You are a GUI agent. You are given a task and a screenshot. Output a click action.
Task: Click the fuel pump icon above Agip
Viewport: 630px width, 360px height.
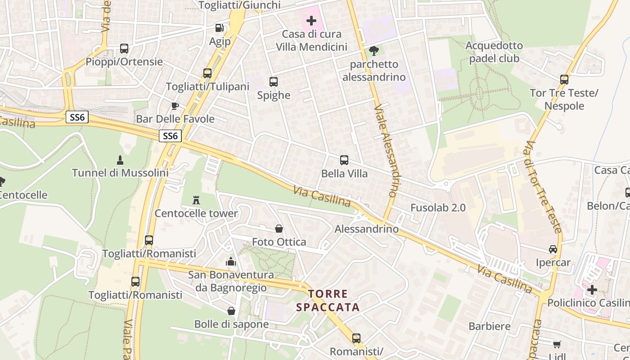pyautogui.click(x=220, y=28)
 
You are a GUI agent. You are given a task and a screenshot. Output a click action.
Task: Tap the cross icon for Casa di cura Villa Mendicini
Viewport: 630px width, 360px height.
pyautogui.click(x=311, y=20)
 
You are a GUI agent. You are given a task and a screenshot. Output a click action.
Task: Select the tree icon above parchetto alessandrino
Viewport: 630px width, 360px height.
pyautogui.click(x=373, y=51)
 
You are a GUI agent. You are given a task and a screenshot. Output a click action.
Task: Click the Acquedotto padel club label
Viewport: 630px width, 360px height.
pyautogui.click(x=494, y=52)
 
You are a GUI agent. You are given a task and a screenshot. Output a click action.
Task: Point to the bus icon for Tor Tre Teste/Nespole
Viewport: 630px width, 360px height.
pyautogui.click(x=564, y=80)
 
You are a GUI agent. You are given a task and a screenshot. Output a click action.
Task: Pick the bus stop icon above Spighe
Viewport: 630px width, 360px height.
pyautogui.click(x=274, y=82)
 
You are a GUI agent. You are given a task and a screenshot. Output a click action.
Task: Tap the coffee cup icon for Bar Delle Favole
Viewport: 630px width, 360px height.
pyautogui.click(x=175, y=106)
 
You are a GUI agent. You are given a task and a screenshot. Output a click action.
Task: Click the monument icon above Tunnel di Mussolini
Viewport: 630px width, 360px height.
pyautogui.click(x=120, y=160)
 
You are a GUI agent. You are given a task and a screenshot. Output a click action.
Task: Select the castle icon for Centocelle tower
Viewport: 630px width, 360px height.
pyautogui.click(x=196, y=200)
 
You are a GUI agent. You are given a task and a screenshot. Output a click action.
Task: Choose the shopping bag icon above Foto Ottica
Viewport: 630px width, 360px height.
pyautogui.click(x=279, y=229)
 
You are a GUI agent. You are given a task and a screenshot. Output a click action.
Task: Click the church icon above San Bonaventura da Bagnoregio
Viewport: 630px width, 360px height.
pyautogui.click(x=231, y=261)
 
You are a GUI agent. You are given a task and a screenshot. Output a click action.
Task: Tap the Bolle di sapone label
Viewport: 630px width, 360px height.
pyautogui.click(x=231, y=324)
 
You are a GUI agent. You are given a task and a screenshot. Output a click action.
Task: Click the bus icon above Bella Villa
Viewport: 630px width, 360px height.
pyautogui.click(x=344, y=160)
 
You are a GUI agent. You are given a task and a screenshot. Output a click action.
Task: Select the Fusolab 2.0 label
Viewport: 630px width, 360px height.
pyautogui.click(x=438, y=208)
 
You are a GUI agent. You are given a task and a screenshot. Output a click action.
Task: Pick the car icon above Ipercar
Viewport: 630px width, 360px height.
pyautogui.click(x=553, y=249)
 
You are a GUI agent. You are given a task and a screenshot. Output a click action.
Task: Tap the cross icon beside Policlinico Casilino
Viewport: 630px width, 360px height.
pyautogui.click(x=592, y=290)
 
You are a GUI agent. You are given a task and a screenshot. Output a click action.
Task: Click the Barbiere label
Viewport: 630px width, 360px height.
pyautogui.click(x=490, y=326)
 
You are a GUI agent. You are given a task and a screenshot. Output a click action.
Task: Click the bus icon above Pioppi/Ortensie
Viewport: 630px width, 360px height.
pyautogui.click(x=124, y=49)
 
